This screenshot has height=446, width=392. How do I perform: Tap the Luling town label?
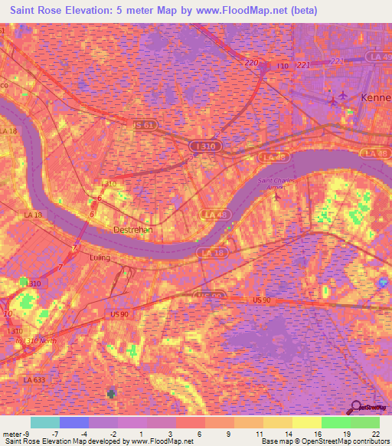pos(100,257)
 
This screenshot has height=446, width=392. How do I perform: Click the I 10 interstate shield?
pos(283,67)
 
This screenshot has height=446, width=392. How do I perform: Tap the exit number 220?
pos(252,63)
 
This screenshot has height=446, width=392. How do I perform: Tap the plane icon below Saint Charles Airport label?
pos(277,197)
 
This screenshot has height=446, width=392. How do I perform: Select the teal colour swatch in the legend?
pos(45,422)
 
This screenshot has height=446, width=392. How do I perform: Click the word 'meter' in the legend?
pos(11,433)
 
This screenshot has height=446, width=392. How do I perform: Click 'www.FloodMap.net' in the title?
pos(253,10)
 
